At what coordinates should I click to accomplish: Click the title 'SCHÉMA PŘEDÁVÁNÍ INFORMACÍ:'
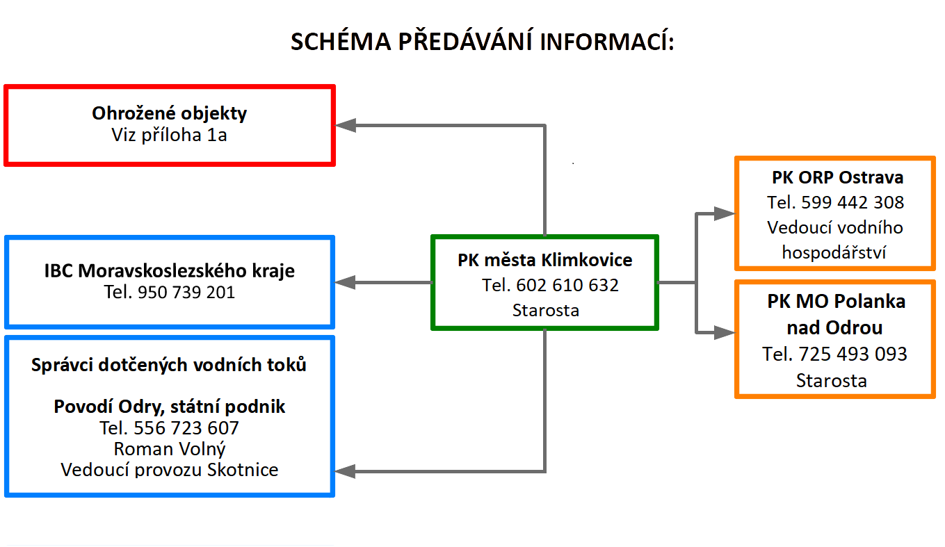482,41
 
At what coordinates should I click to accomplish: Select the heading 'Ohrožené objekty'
169,114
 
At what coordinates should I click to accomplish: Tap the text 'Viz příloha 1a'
169,135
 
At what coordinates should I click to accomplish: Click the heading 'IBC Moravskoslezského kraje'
169,271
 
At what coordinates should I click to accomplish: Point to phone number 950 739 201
186,293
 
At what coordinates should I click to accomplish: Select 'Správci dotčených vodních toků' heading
169,365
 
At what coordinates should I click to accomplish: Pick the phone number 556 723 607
186,428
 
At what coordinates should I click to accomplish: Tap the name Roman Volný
170,450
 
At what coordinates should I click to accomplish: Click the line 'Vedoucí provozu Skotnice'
169,470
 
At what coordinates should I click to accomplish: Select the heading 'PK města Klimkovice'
545,260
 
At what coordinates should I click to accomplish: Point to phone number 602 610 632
567,286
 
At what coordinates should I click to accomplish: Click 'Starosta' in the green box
545,311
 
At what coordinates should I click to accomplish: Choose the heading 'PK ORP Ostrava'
838,177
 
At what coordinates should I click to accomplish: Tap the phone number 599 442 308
853,203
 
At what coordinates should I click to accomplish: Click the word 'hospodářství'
834,253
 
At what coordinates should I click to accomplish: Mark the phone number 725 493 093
853,354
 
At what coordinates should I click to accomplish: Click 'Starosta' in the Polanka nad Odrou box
832,381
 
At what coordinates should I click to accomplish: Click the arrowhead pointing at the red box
346,125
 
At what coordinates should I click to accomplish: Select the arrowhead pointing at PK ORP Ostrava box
725,213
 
